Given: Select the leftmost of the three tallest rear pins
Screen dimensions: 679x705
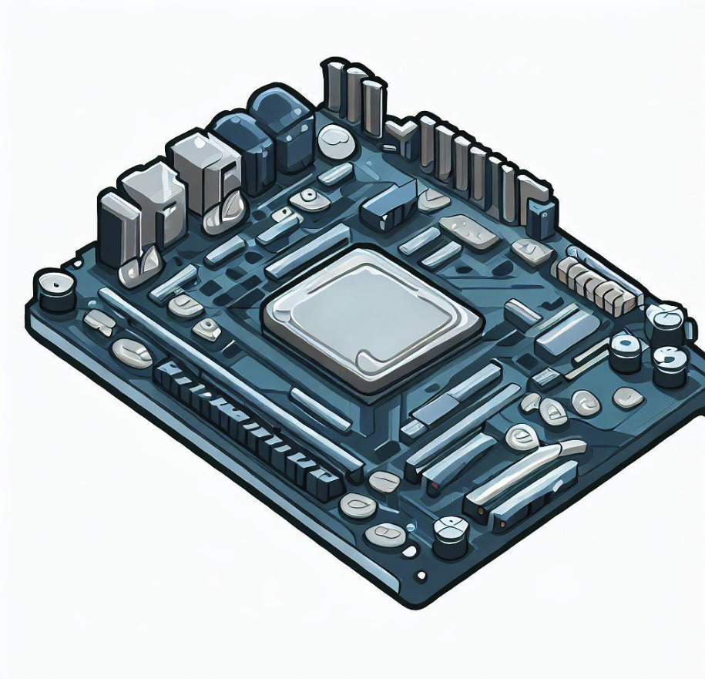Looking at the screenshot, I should [334, 85].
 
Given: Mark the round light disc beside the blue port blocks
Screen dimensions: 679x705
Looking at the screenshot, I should [336, 140].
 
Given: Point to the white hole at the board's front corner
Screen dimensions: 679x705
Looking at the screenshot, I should [421, 576].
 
